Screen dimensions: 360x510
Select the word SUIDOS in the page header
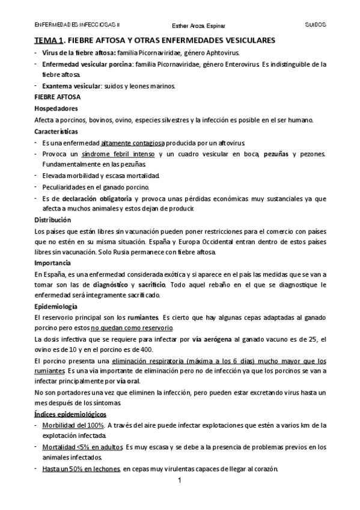pyautogui.click(x=316, y=25)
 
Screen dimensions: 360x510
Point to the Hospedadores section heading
pyautogui.click(x=56, y=109)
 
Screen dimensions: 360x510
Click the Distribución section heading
pyautogui.click(x=53, y=219)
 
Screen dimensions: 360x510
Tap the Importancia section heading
pyautogui.click(x=53, y=263)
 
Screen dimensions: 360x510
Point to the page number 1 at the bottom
pyautogui.click(x=180, y=482)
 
